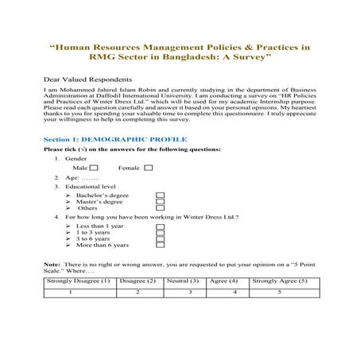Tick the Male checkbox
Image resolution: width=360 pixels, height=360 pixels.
coord(95,168)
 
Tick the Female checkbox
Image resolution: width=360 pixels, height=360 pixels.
coord(149,168)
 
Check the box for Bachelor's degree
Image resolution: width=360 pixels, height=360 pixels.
coord(160,195)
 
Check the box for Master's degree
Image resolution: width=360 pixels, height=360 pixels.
coord(160,202)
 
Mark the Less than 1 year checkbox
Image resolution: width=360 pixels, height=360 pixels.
coord(160,226)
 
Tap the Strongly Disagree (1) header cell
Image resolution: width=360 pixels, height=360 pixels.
coord(78,281)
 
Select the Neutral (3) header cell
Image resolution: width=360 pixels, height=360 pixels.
coord(184,281)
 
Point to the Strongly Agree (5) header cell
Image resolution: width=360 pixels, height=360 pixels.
coord(279,281)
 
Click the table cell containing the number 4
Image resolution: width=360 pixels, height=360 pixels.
coord(234,293)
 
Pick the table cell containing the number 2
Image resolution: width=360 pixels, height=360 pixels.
coord(138,293)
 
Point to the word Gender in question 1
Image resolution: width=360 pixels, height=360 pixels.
coord(76,158)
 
